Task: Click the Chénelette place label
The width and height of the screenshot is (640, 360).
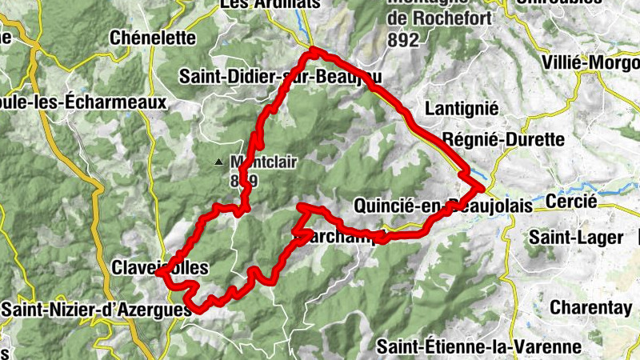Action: pyautogui.click(x=153, y=38)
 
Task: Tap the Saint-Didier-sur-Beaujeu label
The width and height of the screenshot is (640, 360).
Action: pyautogui.click(x=280, y=77)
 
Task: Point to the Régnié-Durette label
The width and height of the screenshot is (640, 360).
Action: pyautogui.click(x=503, y=139)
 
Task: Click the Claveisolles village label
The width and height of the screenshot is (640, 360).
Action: pyautogui.click(x=161, y=266)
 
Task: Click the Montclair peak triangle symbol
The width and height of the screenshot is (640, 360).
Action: pyautogui.click(x=218, y=162)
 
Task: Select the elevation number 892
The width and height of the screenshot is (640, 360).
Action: pyautogui.click(x=402, y=38)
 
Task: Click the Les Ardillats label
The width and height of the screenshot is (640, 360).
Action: pyautogui.click(x=269, y=4)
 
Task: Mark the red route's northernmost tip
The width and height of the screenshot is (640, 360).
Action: pyautogui.click(x=314, y=51)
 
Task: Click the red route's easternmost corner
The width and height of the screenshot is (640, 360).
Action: pyautogui.click(x=483, y=187)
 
